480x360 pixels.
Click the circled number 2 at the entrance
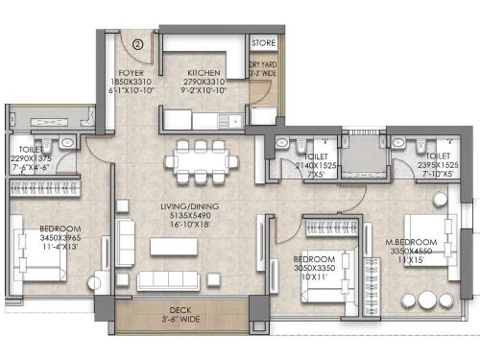[137, 42]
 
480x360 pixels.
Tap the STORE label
[262, 43]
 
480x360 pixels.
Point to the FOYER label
[132, 72]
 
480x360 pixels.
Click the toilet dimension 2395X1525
[437, 165]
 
